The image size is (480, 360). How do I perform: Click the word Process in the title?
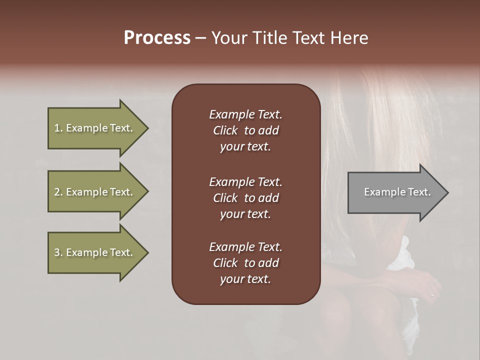pyautogui.click(x=157, y=38)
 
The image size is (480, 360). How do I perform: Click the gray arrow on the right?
pyautogui.click(x=395, y=192)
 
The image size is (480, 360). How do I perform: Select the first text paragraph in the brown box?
pyautogui.click(x=245, y=130)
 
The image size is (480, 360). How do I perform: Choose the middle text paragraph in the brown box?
pyautogui.click(x=245, y=198)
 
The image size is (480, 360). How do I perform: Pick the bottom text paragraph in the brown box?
pyautogui.click(x=245, y=263)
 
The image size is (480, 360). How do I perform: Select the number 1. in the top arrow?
pyautogui.click(x=58, y=128)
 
